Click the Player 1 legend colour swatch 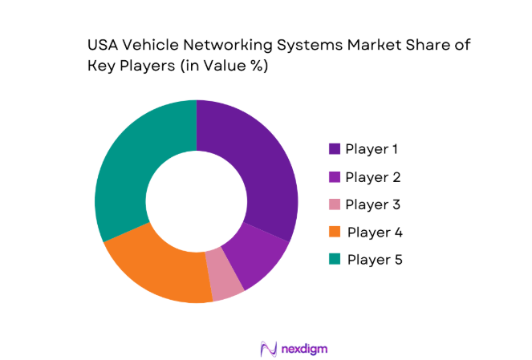pos(334,149)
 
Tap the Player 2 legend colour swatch pos(334,177)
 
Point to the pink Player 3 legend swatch pos(334,204)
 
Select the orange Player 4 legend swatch pos(334,233)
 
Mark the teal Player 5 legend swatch pos(334,260)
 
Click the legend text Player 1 pos(372,149)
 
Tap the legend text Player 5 pos(374,260)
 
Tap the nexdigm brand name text pos(304,349)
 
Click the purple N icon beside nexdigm pos(269,349)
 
